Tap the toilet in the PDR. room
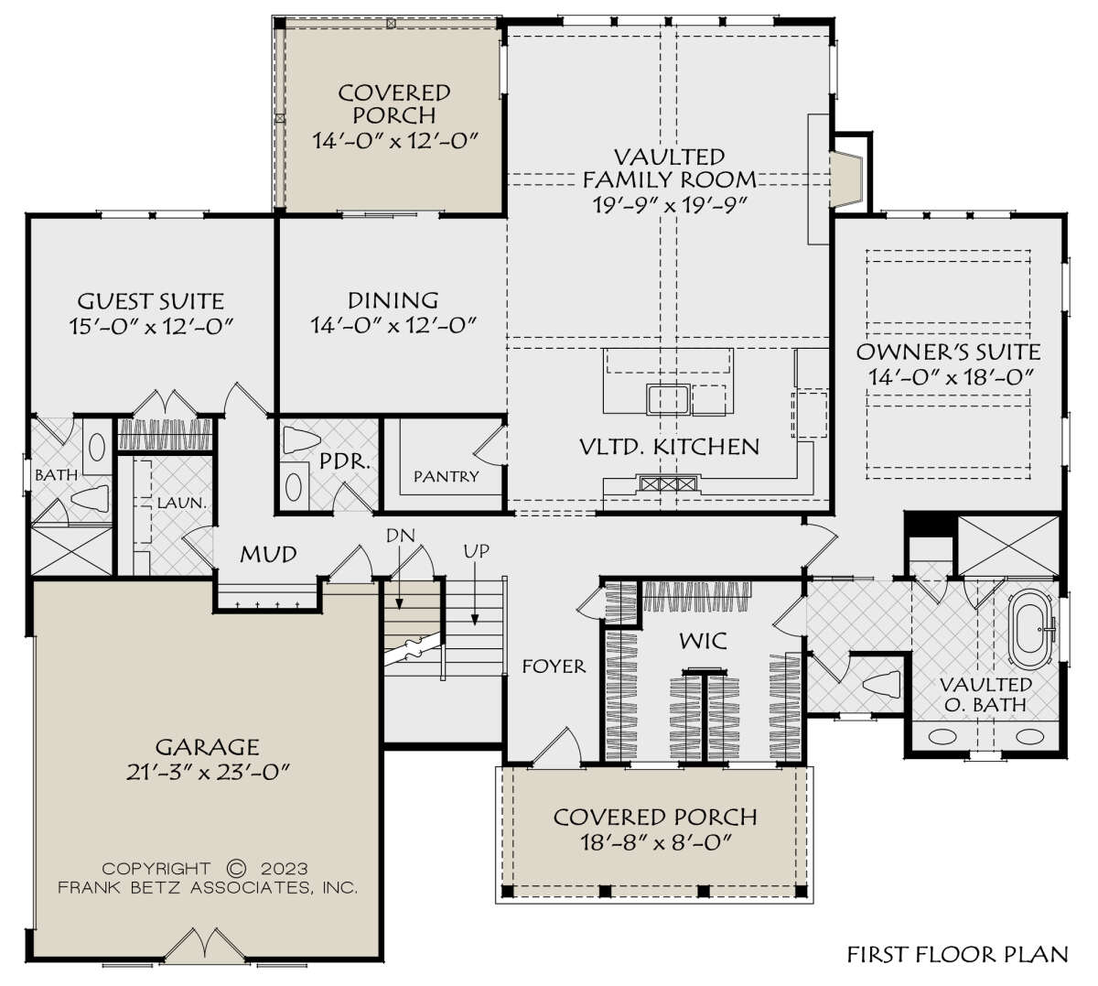point(303,439)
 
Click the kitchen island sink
point(668,400)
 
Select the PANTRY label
point(446,476)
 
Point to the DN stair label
point(401,536)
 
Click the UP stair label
point(477,551)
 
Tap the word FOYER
point(554,666)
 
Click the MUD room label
point(268,554)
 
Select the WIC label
point(703,641)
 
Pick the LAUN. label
point(182,503)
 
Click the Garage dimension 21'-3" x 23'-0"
point(208,772)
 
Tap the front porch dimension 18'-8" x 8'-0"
point(656,843)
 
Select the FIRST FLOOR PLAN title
point(958,954)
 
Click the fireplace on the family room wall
point(845,179)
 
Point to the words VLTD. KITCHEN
point(669,447)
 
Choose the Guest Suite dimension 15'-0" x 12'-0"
point(151,326)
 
